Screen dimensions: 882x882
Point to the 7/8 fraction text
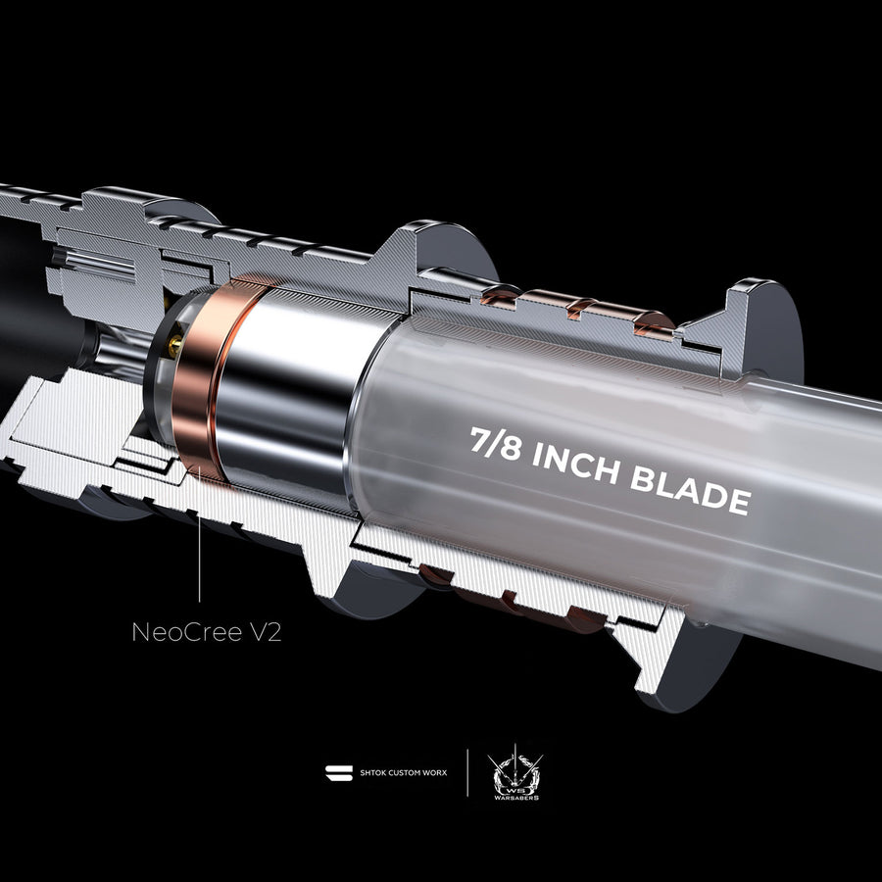(495, 443)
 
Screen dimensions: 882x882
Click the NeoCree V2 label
(207, 632)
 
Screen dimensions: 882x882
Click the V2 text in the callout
(265, 632)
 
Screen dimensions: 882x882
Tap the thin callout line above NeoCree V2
(199, 534)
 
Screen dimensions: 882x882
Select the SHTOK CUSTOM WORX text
(404, 773)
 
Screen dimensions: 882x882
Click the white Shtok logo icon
(339, 773)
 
